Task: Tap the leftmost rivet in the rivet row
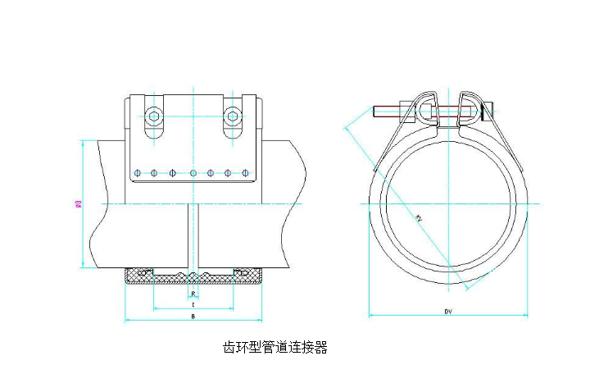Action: pyautogui.click(x=138, y=172)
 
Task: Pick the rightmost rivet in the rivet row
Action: pyautogui.click(x=247, y=172)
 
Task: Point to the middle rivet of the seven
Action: pyautogui.click(x=193, y=172)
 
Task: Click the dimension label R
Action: pyautogui.click(x=192, y=293)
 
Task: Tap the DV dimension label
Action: pyautogui.click(x=448, y=312)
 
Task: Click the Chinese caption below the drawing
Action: pyautogui.click(x=275, y=347)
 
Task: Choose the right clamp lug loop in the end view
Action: pyautogui.click(x=468, y=105)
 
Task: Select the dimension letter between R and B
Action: pyautogui.click(x=192, y=303)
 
